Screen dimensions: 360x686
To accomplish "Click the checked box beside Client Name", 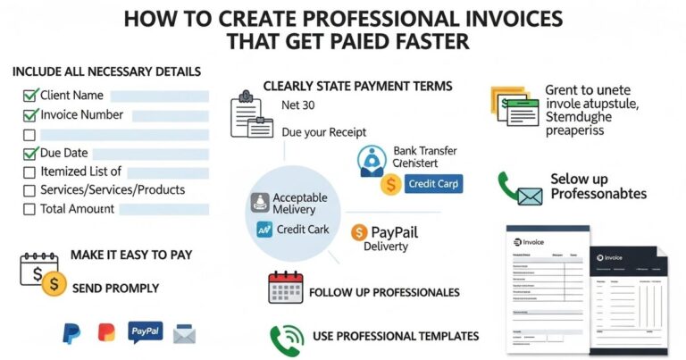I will click(29, 95).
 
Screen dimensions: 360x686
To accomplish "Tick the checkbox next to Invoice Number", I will click(29, 115).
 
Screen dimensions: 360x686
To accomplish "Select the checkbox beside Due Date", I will click(29, 154).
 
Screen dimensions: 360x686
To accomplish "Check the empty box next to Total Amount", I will click(29, 209).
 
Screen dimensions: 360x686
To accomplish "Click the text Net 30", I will click(298, 105).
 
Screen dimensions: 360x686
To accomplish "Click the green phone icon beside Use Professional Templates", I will click(284, 338).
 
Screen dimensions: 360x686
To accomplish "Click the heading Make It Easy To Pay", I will click(131, 255).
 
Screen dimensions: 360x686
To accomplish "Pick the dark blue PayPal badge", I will click(146, 332).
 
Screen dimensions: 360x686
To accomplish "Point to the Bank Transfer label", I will click(423, 151).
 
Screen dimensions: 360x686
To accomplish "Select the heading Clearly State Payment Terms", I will click(357, 86).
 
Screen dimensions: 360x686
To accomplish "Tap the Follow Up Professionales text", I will click(384, 292).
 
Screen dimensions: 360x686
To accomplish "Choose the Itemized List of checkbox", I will click(29, 172).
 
